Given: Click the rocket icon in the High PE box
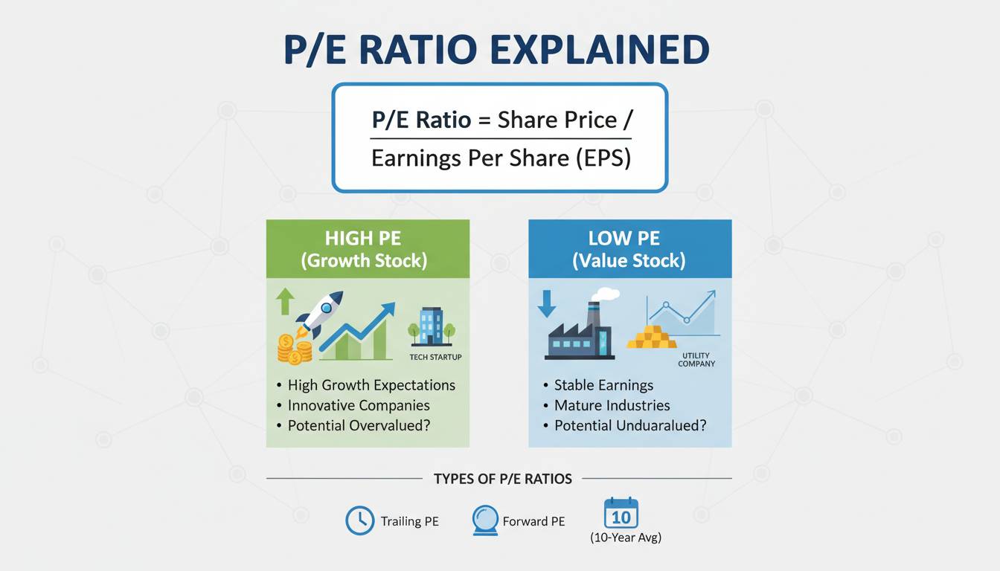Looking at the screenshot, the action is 318,314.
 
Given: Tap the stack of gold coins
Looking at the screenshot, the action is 295,349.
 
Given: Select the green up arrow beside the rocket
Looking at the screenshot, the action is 285,301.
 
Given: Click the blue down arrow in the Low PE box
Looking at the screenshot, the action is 547,304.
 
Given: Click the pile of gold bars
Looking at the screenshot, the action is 652,337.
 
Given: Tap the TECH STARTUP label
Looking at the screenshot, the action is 436,357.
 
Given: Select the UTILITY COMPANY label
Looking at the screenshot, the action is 696,360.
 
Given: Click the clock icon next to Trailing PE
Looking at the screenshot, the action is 360,520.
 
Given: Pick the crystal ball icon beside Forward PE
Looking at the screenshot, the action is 485,520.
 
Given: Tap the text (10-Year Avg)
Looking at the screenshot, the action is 626,538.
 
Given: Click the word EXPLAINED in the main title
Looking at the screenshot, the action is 600,49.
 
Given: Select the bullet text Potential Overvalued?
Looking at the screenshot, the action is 359,425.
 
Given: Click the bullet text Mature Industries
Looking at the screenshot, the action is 612,405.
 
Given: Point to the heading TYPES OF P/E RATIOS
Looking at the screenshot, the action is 503,479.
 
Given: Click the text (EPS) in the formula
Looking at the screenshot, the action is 603,158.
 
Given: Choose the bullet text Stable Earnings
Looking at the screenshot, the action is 603,385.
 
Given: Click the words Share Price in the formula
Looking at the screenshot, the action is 557,120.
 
